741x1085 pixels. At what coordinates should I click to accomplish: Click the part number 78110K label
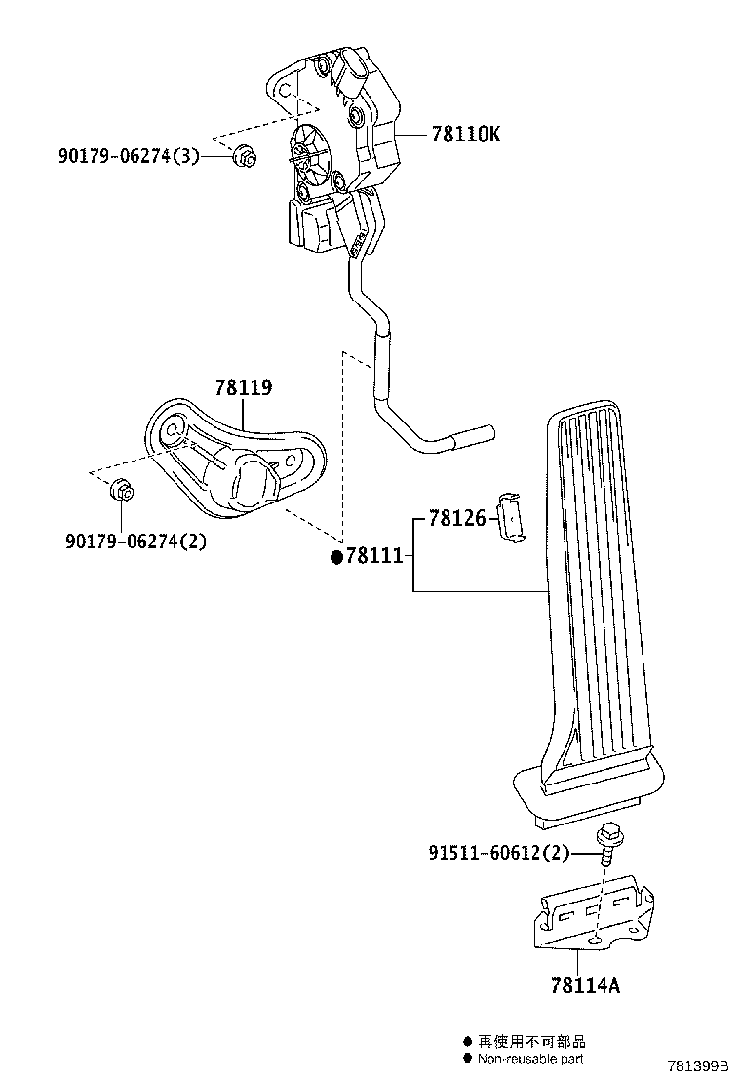point(466,134)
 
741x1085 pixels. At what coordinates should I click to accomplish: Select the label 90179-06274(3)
point(129,156)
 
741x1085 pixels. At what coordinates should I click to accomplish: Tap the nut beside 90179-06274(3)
point(244,156)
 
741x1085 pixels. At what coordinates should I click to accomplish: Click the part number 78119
point(244,387)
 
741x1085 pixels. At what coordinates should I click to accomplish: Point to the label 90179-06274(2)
point(136,541)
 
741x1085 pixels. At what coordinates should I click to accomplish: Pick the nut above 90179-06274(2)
point(122,489)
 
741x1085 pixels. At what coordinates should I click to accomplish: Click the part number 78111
point(374,555)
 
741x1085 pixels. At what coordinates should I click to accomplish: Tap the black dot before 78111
point(336,556)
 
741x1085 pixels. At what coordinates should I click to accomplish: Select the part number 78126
point(457,517)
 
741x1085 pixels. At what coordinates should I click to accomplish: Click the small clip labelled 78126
point(511,515)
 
